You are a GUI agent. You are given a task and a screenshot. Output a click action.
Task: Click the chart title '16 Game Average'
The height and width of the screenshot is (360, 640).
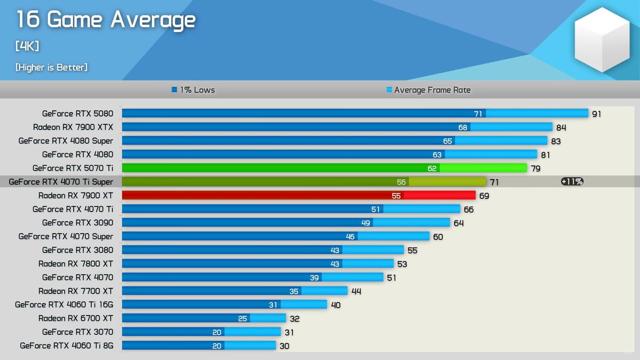[x=106, y=20]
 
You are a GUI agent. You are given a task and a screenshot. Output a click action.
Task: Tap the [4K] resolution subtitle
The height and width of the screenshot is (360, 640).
[x=27, y=46]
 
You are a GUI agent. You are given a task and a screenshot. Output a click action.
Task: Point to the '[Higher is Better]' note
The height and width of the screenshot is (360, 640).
[x=51, y=67]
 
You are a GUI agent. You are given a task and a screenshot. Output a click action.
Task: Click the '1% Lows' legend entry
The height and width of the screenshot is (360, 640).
[x=194, y=90]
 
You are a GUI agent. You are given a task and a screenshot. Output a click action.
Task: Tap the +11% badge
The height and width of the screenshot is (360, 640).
[x=572, y=182]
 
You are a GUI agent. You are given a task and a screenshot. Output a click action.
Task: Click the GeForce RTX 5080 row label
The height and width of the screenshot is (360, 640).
[x=78, y=114]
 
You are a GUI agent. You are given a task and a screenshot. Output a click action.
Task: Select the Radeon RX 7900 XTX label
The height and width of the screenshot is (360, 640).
[x=73, y=127]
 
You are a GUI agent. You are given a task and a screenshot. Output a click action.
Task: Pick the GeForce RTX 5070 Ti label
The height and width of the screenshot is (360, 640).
[x=73, y=168]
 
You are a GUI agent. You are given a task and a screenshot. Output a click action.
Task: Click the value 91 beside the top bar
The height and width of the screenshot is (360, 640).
[x=596, y=114]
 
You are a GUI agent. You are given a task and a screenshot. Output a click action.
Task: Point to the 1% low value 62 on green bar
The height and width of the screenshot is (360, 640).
[x=432, y=168]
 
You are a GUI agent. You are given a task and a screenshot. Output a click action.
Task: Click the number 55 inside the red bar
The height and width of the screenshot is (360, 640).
[x=396, y=196]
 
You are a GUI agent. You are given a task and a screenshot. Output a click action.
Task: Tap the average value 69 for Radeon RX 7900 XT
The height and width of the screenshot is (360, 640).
[x=484, y=196]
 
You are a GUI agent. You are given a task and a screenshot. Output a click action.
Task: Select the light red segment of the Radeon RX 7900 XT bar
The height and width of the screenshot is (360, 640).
[x=439, y=195]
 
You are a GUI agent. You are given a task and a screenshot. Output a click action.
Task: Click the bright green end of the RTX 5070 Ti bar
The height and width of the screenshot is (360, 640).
[x=483, y=168]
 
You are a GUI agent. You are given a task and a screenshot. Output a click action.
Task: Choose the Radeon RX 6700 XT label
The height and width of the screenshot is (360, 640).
[x=76, y=318]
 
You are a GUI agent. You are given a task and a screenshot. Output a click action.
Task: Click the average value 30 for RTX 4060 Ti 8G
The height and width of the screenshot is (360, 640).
[x=284, y=346]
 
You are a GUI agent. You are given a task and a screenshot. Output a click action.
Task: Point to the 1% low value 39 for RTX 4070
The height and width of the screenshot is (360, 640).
[x=314, y=278]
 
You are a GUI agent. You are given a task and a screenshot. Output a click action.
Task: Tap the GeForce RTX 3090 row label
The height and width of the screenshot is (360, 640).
[x=78, y=223]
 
